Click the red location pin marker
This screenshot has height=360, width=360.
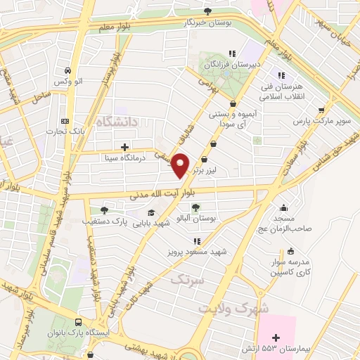click(181, 165)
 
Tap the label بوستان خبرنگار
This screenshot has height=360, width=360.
click(208, 22)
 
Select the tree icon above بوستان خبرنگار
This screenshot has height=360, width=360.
click(207, 10)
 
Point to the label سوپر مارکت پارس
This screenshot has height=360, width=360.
click(321, 121)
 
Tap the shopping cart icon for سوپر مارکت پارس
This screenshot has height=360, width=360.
click(321, 110)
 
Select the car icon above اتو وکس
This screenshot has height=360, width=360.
click(65, 71)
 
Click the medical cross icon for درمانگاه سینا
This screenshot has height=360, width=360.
click(124, 147)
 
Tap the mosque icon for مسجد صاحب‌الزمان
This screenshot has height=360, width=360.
click(283, 207)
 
